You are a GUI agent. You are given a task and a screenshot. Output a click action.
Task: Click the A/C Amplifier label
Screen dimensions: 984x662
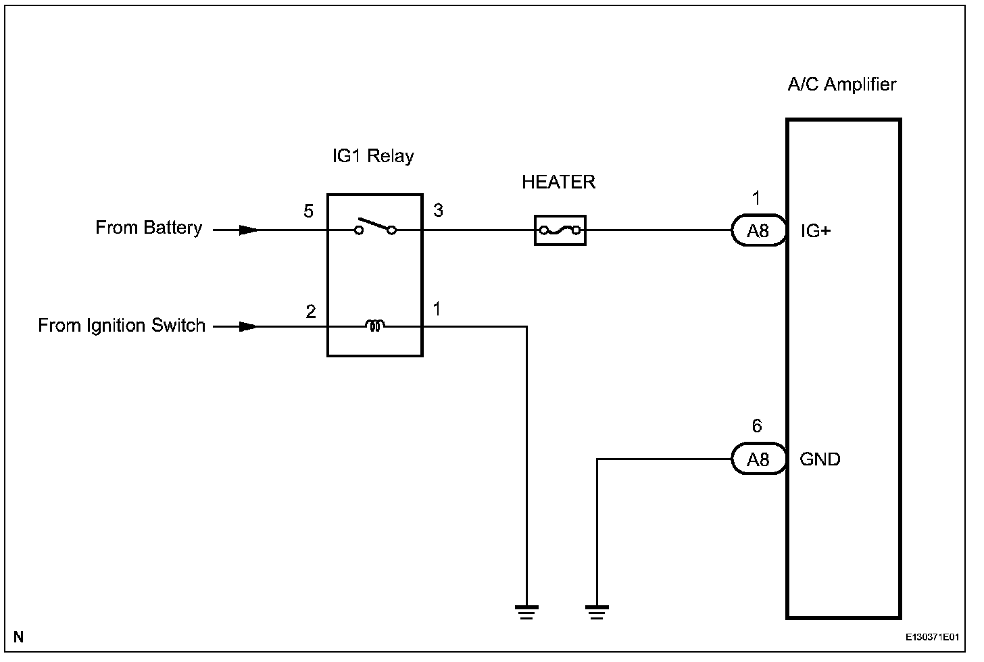[841, 84]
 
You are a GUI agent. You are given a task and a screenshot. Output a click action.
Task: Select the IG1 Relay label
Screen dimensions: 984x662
[373, 156]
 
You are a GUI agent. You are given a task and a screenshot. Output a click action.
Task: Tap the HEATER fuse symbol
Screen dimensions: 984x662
[560, 230]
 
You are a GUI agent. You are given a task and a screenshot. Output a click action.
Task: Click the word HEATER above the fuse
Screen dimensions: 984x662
[558, 182]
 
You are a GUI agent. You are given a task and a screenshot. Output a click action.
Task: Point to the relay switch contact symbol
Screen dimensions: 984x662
[375, 226]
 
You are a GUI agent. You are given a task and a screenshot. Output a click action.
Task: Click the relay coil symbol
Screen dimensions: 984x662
[374, 326]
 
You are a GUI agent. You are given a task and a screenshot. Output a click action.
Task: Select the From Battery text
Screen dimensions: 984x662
[149, 228]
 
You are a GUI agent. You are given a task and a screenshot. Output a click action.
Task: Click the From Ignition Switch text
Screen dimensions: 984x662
[122, 326]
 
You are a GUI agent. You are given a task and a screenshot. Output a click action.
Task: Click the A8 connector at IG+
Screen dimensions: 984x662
[759, 230]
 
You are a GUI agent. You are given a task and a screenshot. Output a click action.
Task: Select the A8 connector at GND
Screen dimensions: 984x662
[759, 459]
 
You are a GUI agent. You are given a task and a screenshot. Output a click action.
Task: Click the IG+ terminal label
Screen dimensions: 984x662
[816, 231]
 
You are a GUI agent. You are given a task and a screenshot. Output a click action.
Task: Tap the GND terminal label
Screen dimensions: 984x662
[820, 459]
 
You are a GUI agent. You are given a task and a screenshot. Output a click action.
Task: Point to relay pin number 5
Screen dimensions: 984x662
[308, 211]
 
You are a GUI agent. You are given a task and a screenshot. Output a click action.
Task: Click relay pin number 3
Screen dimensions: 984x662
[438, 210]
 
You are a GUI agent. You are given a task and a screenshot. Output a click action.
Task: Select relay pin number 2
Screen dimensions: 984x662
[311, 311]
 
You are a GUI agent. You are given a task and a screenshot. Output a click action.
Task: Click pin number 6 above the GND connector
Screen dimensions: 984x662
[756, 426]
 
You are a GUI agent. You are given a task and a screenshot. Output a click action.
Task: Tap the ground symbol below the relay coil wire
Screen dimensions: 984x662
[526, 612]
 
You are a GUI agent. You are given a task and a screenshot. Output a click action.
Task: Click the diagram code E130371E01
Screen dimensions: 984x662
[932, 637]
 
